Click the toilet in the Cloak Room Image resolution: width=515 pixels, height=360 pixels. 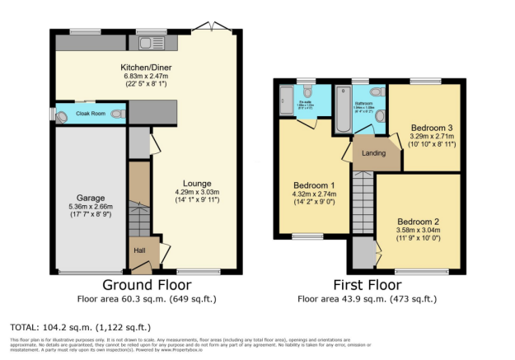coord(118,114)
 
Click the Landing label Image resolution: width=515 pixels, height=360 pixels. coord(375,152)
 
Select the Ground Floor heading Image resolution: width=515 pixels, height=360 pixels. coord(145,284)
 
